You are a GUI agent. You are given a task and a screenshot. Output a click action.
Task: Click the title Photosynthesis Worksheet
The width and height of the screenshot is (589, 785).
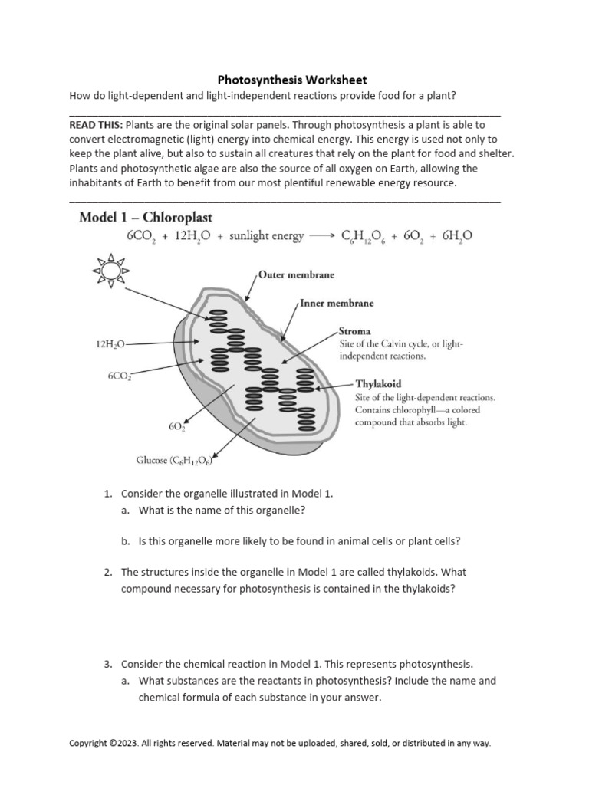pos(292,80)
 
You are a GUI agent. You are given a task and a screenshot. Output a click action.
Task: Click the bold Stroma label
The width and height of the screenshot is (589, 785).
pos(355,332)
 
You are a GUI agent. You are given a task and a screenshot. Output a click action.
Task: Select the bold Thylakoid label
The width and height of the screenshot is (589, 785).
pos(379,384)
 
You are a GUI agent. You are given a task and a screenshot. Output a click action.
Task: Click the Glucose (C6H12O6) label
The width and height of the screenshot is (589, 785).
pos(174,461)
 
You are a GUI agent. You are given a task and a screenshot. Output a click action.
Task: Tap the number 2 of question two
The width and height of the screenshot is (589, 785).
pos(108,572)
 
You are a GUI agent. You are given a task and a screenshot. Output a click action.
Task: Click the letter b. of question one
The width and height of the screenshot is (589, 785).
pos(126,540)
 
